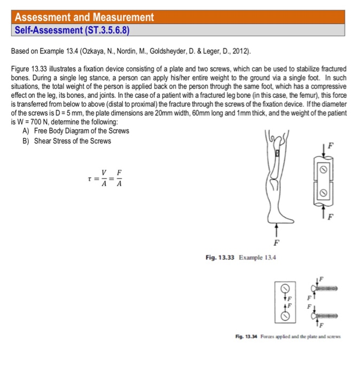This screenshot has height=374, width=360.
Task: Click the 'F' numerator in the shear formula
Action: click(120, 174)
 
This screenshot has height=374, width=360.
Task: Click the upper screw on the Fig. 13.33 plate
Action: click(322, 169)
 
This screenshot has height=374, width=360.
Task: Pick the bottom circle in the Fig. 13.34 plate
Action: click(285, 316)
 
